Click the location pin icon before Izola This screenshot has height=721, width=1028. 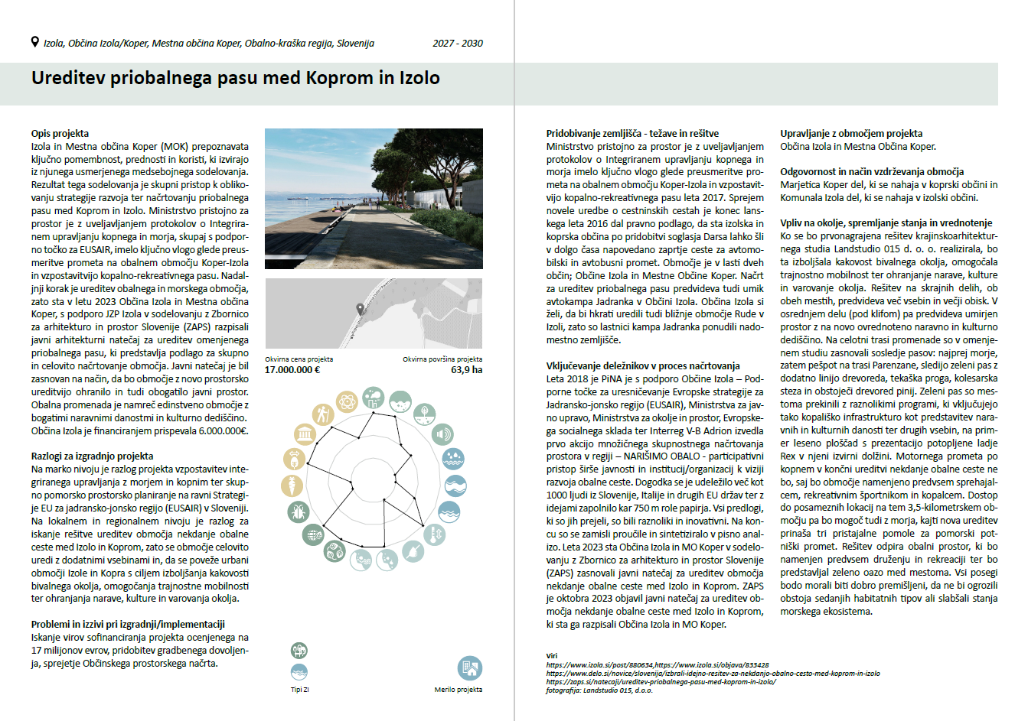pos(34,42)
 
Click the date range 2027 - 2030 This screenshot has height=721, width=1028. pos(458,44)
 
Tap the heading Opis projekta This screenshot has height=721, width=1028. pos(60,133)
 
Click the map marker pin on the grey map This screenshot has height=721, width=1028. pos(361,309)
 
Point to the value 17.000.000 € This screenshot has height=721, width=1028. pos(292,370)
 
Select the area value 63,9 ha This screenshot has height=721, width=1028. pos(466,370)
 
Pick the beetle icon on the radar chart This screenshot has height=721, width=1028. pos(298,512)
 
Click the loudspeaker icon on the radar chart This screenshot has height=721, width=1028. pos(442,435)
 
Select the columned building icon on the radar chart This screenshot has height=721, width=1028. pos(305,435)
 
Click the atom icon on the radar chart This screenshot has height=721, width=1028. pos(335,550)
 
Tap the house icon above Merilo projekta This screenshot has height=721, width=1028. pos(469,668)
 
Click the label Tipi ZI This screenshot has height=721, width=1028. pos(299,690)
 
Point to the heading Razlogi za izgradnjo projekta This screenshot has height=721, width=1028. pos(92,456)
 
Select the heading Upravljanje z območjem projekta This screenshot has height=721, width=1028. pos(851,133)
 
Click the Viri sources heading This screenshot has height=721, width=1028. pos(552,656)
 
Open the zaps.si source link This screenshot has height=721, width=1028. pos(661,682)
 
